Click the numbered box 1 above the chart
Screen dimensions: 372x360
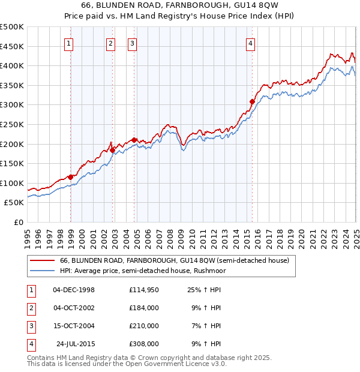click(x=70, y=43)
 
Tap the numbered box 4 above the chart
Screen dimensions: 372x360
click(x=250, y=43)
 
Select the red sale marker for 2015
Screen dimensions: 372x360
click(x=252, y=102)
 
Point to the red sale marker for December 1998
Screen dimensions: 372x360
click(x=71, y=177)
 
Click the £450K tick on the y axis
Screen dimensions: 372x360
click(x=12, y=46)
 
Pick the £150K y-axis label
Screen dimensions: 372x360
click(x=12, y=163)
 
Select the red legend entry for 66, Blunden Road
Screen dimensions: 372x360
click(x=175, y=260)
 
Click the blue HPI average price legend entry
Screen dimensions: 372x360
click(x=140, y=271)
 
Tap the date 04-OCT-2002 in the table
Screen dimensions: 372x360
click(x=74, y=308)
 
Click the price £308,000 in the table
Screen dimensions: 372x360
click(x=144, y=344)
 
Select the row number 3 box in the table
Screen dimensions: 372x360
click(x=30, y=326)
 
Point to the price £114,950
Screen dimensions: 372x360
click(x=144, y=290)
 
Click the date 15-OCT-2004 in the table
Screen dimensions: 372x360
click(x=74, y=326)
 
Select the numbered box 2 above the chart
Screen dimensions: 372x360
click(x=111, y=43)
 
